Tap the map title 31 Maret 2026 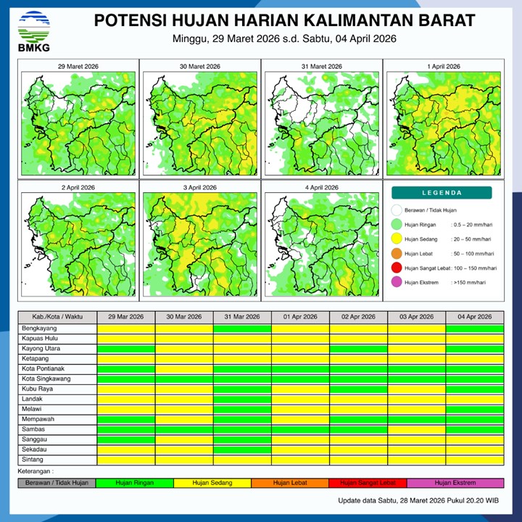click(320, 67)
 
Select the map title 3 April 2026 click(199, 188)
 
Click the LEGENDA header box click(442, 193)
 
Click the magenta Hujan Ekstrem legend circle click(396, 283)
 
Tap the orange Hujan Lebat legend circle click(396, 254)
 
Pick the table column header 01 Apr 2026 click(300, 318)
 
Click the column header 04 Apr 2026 click(474, 318)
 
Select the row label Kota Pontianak click(42, 369)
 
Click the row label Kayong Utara click(41, 349)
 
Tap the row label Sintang click(33, 460)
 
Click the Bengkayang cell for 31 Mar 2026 click(242, 328)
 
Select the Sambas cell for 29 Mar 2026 click(126, 429)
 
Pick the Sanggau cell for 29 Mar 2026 click(126, 439)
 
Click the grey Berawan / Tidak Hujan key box click(57, 483)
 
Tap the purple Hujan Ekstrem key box click(455, 483)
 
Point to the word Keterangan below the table click(36, 471)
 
